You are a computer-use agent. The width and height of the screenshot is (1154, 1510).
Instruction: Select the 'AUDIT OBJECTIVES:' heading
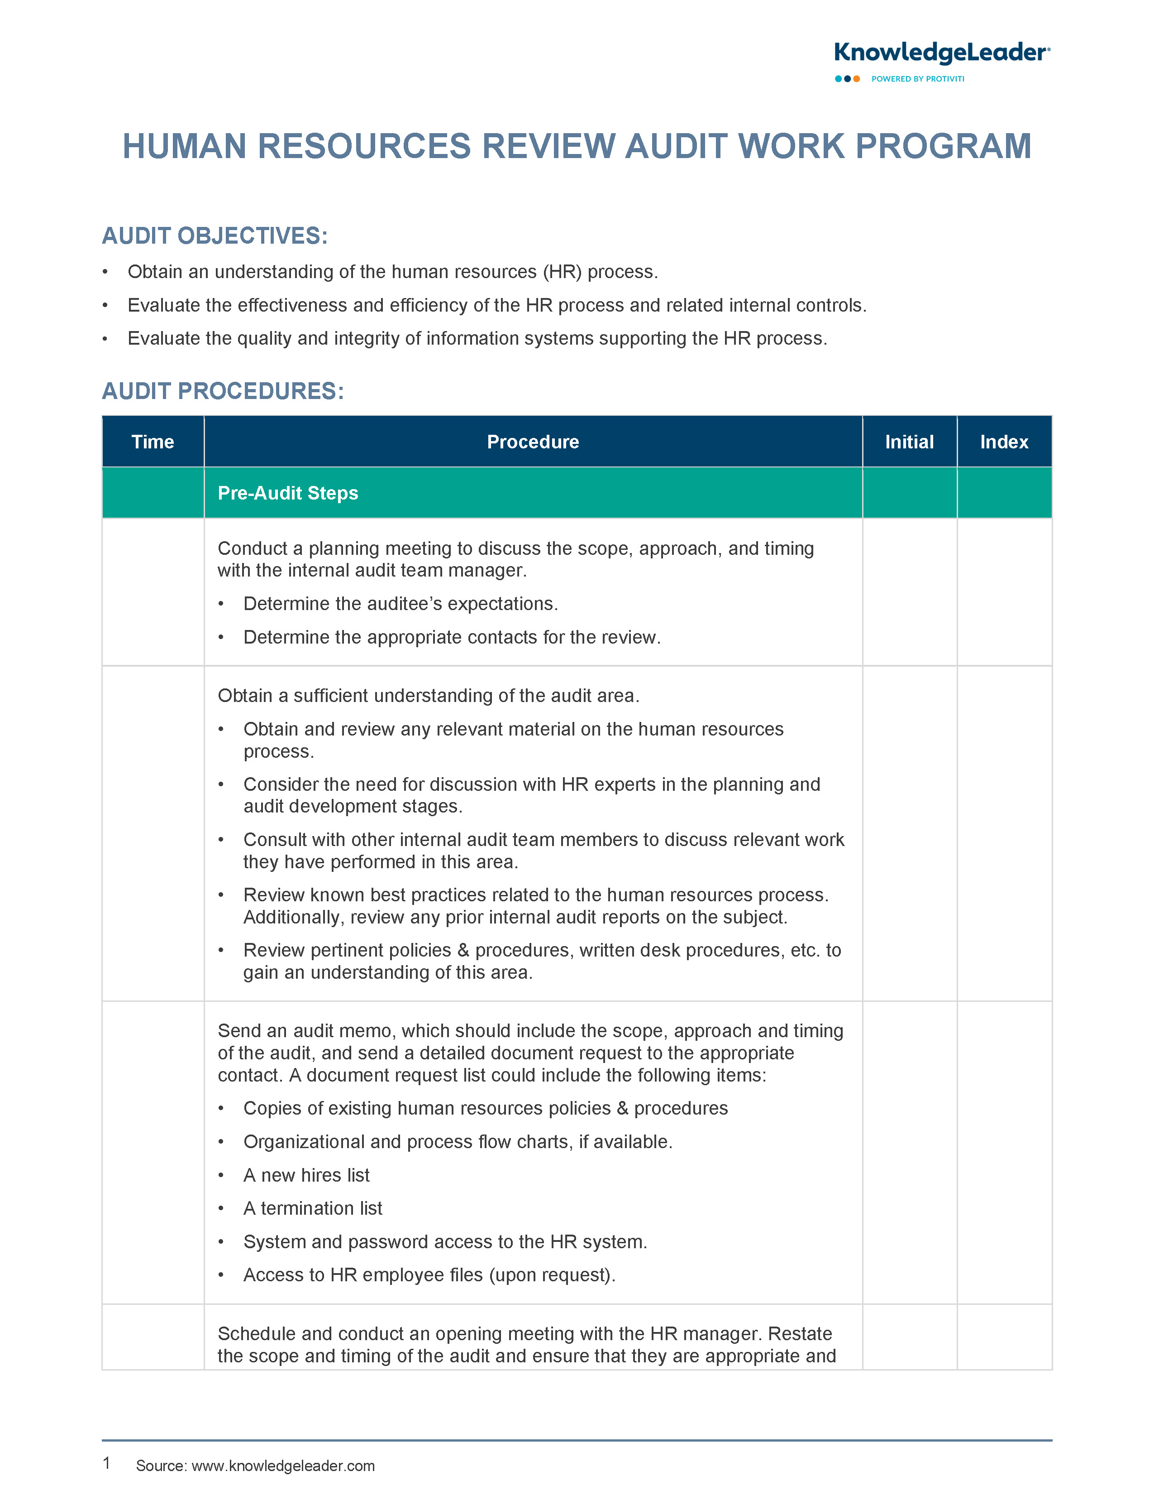[x=215, y=236]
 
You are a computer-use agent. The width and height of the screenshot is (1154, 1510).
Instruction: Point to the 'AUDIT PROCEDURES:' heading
[x=223, y=391]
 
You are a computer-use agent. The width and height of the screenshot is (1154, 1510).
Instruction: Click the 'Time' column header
[x=153, y=442]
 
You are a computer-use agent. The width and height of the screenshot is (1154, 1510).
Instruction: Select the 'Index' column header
[x=1004, y=442]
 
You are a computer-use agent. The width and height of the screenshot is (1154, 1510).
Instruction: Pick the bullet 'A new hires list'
[x=306, y=1175]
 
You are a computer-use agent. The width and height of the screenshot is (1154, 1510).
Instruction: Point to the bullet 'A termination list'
[x=313, y=1208]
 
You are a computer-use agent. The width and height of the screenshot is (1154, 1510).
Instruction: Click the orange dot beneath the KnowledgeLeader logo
[x=857, y=79]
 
